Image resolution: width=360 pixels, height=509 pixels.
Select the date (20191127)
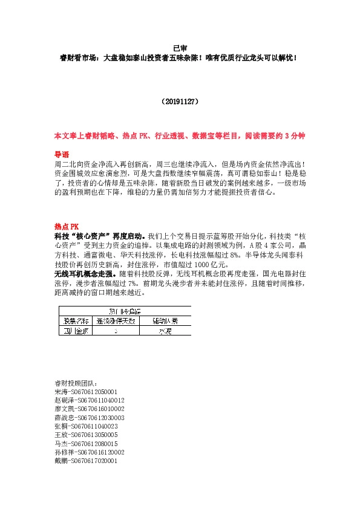point(179,103)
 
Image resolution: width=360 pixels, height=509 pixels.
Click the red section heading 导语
point(62,155)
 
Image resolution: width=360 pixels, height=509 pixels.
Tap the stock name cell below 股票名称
point(73,331)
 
